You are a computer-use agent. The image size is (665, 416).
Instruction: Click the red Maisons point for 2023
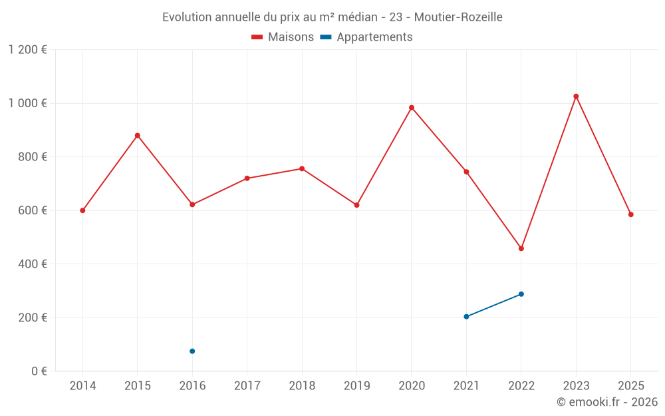coord(576,97)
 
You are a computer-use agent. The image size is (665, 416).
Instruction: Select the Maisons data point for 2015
coord(138,136)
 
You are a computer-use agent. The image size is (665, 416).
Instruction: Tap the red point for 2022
coord(521,248)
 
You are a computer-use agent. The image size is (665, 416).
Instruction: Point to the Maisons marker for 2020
coord(412,108)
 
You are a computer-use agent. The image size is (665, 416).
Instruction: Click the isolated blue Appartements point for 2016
coord(192,351)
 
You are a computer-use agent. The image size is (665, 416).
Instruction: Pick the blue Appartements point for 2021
coord(466,317)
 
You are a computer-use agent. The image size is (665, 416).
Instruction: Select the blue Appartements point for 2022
coord(521,294)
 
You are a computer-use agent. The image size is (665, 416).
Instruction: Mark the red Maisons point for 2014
coord(82,210)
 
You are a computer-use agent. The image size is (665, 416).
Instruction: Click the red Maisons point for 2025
coord(631,214)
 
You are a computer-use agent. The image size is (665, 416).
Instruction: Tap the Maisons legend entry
coord(283,37)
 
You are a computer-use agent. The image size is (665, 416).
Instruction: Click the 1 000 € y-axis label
coord(28,103)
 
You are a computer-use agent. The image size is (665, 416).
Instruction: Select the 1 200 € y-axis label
coord(28,50)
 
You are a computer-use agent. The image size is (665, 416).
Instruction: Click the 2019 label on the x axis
coord(356,386)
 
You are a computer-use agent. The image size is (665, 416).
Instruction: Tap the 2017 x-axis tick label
coord(247,386)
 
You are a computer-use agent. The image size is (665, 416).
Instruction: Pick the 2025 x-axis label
coord(631,386)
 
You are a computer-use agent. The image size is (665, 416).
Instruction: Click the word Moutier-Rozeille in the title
coord(458,17)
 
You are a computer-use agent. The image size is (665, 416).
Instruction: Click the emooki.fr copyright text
coord(607,402)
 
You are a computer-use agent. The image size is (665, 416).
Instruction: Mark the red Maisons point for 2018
coord(302,169)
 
